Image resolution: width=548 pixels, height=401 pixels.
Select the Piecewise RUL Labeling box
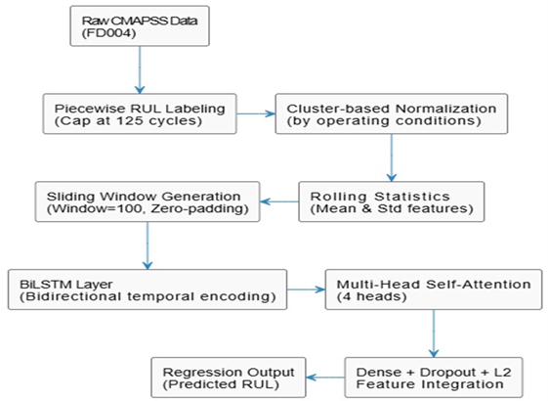pyautogui.click(x=138, y=114)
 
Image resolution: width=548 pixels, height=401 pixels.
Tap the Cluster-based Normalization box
pyautogui.click(x=391, y=114)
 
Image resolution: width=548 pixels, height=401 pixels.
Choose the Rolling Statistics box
pyautogui.click(x=391, y=200)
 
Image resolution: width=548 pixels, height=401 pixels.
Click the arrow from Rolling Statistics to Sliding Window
pyautogui.click(x=280, y=200)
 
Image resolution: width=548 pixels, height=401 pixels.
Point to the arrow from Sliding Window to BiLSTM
pyautogui.click(x=147, y=245)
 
